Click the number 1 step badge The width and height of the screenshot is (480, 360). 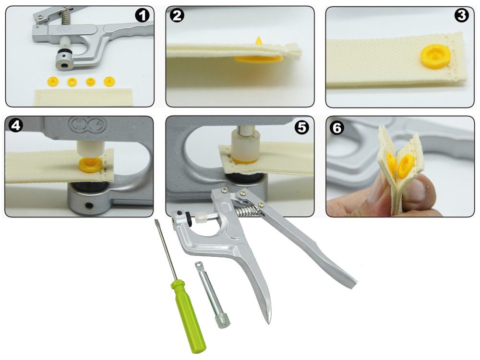pos(143,16)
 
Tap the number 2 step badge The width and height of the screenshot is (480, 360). pos(177,16)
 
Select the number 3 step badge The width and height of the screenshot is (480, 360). pos(461,16)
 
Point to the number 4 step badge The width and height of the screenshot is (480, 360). pos(16,125)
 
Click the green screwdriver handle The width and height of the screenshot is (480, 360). pos(187,316)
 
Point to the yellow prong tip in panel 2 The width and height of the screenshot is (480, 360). pos(259,40)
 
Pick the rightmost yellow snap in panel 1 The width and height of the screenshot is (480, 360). pos(109,81)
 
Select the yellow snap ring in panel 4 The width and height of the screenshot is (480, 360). pos(90,165)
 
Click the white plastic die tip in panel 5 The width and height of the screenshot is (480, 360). pos(245,146)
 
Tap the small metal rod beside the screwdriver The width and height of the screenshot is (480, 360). pos(213,295)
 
